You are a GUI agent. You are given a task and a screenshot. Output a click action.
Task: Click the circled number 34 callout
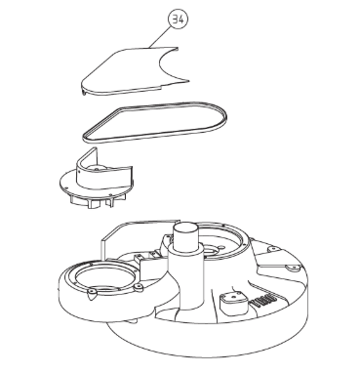click(x=179, y=20)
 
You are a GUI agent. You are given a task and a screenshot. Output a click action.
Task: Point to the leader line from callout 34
click(x=160, y=37)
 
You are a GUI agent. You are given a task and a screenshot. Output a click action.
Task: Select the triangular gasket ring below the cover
click(x=155, y=122)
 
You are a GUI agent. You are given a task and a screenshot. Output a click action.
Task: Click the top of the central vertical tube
click(x=185, y=228)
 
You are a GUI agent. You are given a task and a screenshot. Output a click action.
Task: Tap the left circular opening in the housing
click(x=104, y=275)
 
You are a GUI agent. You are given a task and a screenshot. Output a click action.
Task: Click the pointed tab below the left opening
click(x=92, y=294)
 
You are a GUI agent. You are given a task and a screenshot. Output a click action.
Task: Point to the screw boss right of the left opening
click(x=140, y=287)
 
